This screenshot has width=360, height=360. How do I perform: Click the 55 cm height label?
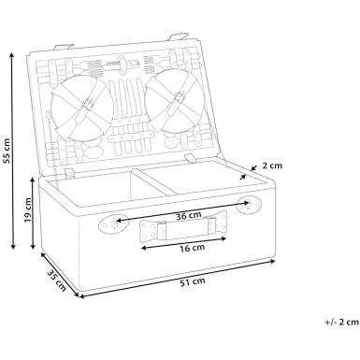coord(7,151)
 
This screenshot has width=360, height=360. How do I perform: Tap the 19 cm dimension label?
coord(28,209)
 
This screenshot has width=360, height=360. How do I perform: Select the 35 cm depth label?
coord(56,281)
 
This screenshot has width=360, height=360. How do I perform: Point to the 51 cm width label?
coord(193,282)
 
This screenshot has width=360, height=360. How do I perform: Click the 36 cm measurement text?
coord(188,215)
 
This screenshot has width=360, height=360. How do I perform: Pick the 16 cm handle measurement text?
coord(192,248)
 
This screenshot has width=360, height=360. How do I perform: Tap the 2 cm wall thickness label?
coord(272,166)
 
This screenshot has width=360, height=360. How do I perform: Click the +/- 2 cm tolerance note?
coord(342,323)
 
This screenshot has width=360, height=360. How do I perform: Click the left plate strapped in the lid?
coord(81,109)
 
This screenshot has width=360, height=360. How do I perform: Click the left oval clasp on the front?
coord(113,223)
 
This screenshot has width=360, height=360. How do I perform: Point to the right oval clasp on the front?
coord(248,205)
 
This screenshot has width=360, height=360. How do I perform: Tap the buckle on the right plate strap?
coord(179,97)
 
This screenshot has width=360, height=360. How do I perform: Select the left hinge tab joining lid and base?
coord(70,173)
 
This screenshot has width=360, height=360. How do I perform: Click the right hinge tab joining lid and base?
coord(190,157)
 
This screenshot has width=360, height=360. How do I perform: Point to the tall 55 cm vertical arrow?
coord(12,151)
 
